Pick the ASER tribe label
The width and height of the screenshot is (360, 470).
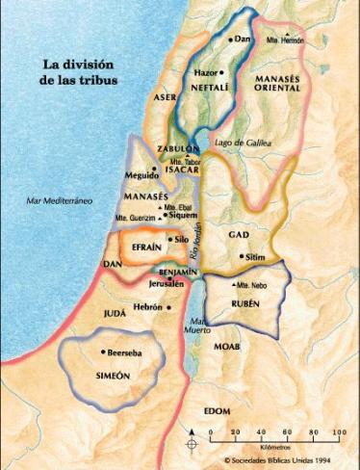(166, 98)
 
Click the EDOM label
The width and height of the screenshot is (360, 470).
(218, 411)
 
